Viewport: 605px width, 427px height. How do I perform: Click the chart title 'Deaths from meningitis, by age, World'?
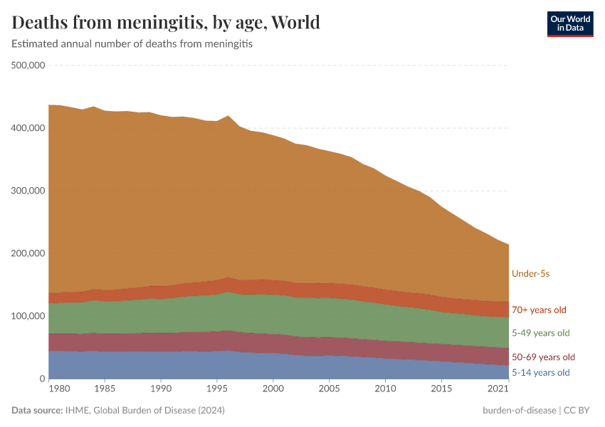click(x=166, y=22)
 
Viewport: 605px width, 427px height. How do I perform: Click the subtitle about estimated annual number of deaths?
click(x=132, y=43)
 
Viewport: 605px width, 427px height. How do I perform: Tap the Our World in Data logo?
click(x=569, y=24)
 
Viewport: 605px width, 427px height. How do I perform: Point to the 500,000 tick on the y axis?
click(x=28, y=65)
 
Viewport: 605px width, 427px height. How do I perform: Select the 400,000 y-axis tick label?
click(x=28, y=128)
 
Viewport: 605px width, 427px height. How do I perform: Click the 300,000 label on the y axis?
click(x=28, y=191)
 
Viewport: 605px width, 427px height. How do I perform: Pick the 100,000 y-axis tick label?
click(x=28, y=316)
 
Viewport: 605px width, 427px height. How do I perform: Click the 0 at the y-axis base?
click(x=42, y=379)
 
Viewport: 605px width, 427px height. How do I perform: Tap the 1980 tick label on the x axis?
click(x=60, y=389)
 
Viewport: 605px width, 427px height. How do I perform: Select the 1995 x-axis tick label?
click(x=217, y=389)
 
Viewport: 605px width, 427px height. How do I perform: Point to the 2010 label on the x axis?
click(x=385, y=389)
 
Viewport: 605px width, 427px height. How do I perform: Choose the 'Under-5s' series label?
click(x=530, y=273)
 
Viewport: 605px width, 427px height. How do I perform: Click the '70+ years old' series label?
click(x=539, y=310)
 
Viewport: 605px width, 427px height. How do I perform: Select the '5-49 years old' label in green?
click(x=541, y=333)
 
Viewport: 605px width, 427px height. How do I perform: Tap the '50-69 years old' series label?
click(x=543, y=357)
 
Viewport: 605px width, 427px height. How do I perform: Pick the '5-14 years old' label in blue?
click(x=541, y=372)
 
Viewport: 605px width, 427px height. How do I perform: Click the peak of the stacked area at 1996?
click(x=228, y=116)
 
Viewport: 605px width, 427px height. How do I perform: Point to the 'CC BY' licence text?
click(x=579, y=410)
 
